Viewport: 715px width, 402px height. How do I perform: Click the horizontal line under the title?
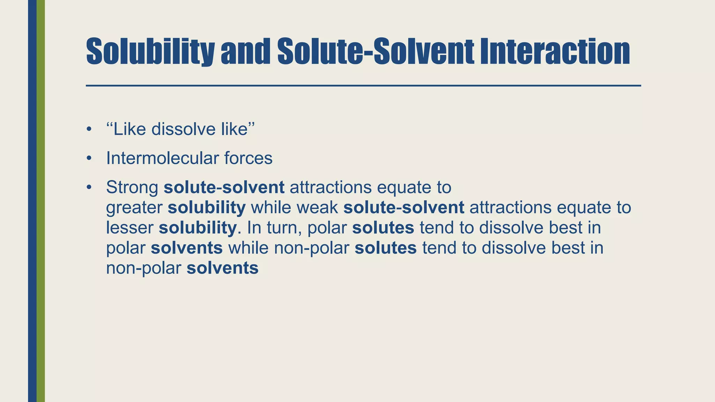click(363, 85)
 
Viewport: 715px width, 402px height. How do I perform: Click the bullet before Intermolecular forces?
click(89, 158)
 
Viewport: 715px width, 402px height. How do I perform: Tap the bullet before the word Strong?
click(89, 187)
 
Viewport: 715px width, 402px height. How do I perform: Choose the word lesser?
click(130, 228)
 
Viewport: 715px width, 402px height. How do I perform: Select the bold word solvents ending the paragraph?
click(222, 268)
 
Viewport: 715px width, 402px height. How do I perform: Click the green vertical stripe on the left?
click(41, 201)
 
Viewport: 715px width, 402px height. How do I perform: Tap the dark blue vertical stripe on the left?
click(32, 201)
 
